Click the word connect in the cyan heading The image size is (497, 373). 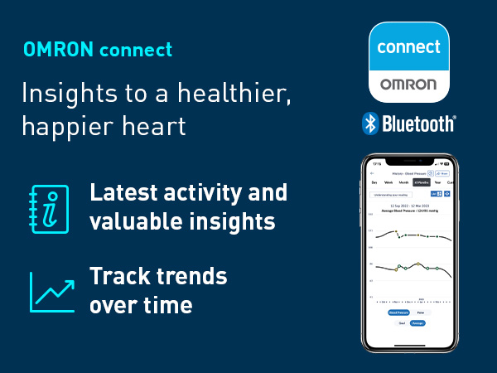click(136, 50)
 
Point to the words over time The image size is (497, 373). click(141, 304)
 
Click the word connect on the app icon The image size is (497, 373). click(408, 46)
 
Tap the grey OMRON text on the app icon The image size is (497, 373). click(408, 85)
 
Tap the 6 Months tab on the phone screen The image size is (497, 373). click(422, 182)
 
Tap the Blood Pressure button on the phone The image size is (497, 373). click(399, 312)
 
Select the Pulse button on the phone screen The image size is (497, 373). click(420, 312)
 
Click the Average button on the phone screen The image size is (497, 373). click(418, 322)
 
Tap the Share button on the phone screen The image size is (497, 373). click(443, 173)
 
